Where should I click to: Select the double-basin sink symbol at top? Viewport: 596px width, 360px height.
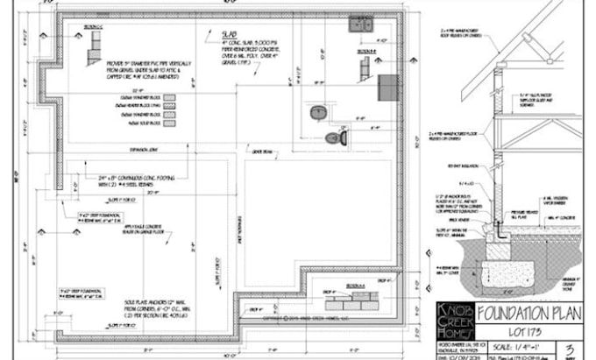point(359,25)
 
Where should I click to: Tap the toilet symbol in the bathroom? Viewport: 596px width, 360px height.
point(336,137)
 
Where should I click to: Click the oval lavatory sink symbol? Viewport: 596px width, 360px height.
point(317,111)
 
